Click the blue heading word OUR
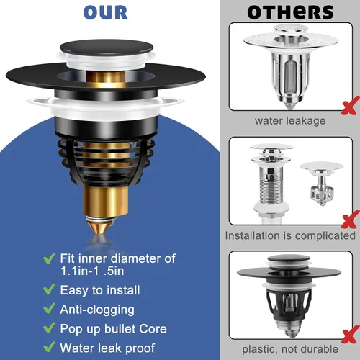pyautogui.click(x=105, y=12)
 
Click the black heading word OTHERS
pyautogui.click(x=290, y=12)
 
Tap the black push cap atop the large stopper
pyautogui.click(x=107, y=47)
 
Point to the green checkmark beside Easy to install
pyautogui.click(x=50, y=289)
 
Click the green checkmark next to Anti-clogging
pyautogui.click(x=50, y=308)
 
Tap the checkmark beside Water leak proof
pyautogui.click(x=50, y=347)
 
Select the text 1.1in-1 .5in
pyautogui.click(x=92, y=271)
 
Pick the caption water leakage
pyautogui.click(x=290, y=121)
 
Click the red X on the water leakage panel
pyautogui.click(x=351, y=106)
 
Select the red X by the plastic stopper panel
pyautogui.click(x=351, y=334)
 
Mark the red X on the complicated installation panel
pyautogui.click(x=351, y=220)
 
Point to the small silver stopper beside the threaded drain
pyautogui.click(x=322, y=183)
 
